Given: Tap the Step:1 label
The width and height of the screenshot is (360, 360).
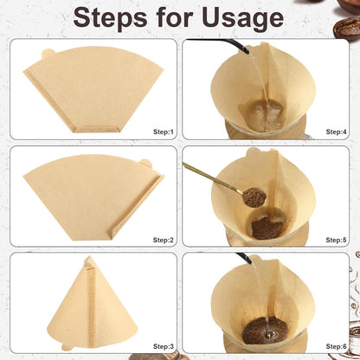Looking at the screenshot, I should click(x=164, y=132).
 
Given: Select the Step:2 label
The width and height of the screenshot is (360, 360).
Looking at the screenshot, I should click(x=164, y=239).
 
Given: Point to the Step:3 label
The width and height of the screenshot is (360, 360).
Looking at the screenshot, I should click(x=164, y=346).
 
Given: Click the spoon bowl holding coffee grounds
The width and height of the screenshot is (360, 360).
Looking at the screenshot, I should click(x=254, y=198).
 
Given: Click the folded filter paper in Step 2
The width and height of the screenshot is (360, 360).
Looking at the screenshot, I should click(x=92, y=198).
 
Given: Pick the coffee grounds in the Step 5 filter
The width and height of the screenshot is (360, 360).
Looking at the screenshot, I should click(x=265, y=227).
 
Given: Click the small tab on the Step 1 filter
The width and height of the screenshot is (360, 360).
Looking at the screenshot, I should click(x=46, y=55).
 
